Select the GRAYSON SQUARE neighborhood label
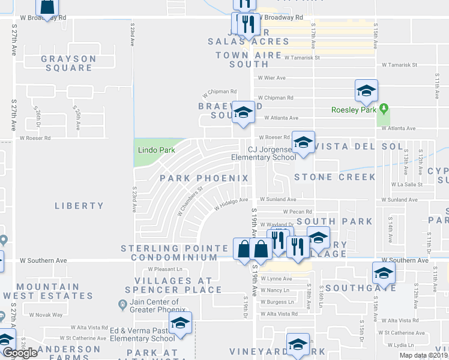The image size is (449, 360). (68, 63)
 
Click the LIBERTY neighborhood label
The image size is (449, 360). (79, 206)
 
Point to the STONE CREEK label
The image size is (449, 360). (334, 177)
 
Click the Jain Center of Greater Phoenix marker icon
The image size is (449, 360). (123, 306)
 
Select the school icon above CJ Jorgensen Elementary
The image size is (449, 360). (303, 142)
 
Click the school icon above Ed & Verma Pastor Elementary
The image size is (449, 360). (179, 323)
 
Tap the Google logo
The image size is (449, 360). (20, 353)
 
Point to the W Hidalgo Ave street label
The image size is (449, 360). (231, 204)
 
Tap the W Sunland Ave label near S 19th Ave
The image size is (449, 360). (278, 199)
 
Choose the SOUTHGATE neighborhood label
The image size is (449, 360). (366, 287)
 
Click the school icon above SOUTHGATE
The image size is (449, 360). (383, 274)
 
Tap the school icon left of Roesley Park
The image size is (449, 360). (366, 90)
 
